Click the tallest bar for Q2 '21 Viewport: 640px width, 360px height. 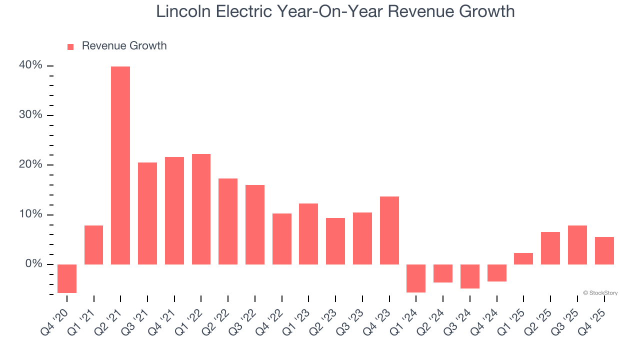click(x=120, y=165)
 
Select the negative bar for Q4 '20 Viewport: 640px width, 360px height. click(x=67, y=278)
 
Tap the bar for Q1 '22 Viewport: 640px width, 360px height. click(x=201, y=209)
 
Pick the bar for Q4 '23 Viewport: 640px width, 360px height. click(x=389, y=230)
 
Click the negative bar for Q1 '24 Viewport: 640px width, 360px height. click(x=416, y=278)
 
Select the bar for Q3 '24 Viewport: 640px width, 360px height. click(x=469, y=276)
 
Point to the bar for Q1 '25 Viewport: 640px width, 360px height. click(x=523, y=258)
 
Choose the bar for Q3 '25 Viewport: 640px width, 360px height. click(x=577, y=245)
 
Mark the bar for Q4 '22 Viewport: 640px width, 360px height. click(x=281, y=238)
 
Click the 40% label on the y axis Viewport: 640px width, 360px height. click(x=31, y=65)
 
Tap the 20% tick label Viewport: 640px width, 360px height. click(x=31, y=165)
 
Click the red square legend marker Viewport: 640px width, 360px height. click(x=70, y=47)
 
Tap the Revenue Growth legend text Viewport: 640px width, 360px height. click(x=124, y=46)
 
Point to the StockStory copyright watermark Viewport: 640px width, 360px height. click(x=600, y=293)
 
